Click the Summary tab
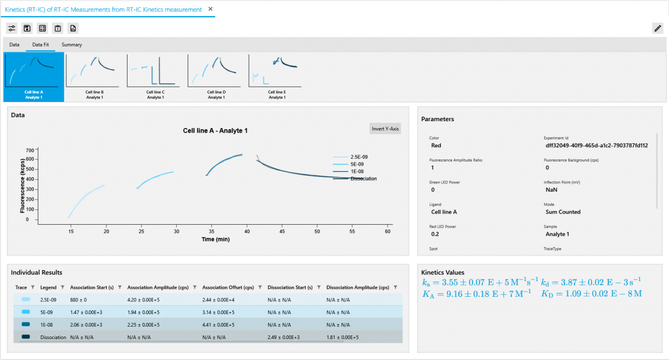(x=72, y=45)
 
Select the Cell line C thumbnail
(x=155, y=77)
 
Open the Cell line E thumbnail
(x=276, y=77)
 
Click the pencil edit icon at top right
(x=658, y=28)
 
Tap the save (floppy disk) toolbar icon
(x=27, y=28)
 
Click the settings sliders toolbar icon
(x=11, y=28)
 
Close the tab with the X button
(x=210, y=9)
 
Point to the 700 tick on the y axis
(x=29, y=149)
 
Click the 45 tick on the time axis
(x=282, y=231)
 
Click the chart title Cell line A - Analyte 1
(x=215, y=131)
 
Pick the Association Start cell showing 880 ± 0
(x=78, y=300)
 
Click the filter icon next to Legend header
(x=63, y=287)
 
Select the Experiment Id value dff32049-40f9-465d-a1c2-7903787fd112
(x=596, y=145)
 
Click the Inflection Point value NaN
(x=551, y=190)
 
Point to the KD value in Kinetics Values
(x=592, y=294)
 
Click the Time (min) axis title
(x=216, y=239)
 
